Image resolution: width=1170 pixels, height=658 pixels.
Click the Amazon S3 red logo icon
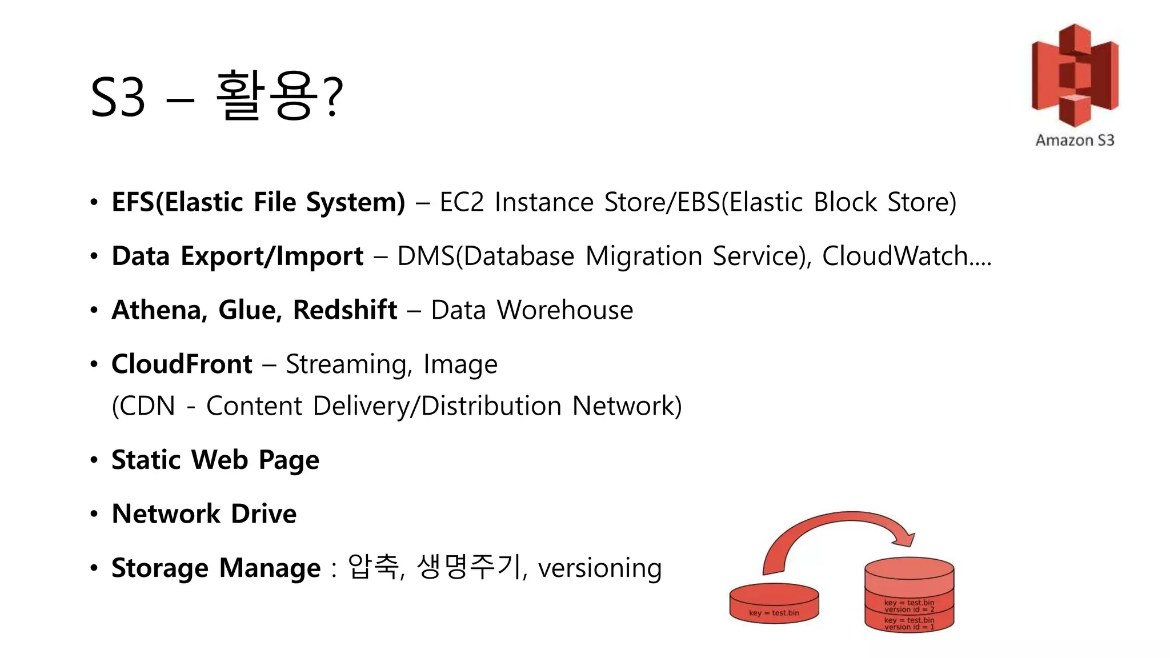tap(1075, 75)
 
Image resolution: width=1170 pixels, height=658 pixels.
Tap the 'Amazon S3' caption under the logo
tap(1075, 141)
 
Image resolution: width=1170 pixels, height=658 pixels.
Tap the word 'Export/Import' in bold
tap(272, 256)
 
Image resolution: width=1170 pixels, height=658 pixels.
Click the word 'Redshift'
tap(344, 310)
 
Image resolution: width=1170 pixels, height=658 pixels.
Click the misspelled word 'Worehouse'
tap(564, 310)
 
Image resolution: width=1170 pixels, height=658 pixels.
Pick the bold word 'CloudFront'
tap(182, 364)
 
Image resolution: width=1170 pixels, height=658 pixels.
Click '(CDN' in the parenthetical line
tap(143, 406)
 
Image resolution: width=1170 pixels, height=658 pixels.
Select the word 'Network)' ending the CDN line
tap(627, 406)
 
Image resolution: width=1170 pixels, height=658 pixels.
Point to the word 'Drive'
tap(264, 513)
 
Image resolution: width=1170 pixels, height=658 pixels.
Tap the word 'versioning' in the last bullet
tap(600, 568)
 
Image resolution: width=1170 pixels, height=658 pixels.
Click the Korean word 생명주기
tap(469, 567)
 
